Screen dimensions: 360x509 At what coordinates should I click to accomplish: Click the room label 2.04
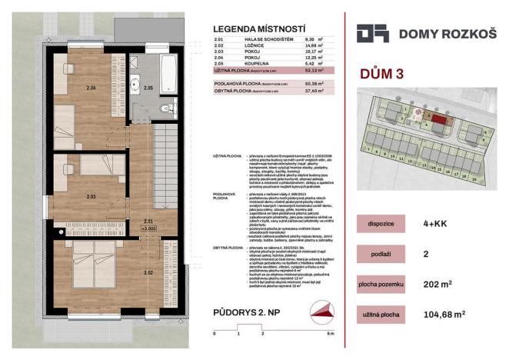pyautogui.click(x=92, y=88)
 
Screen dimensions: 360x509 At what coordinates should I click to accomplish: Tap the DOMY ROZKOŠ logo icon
pyautogui.click(x=371, y=34)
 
